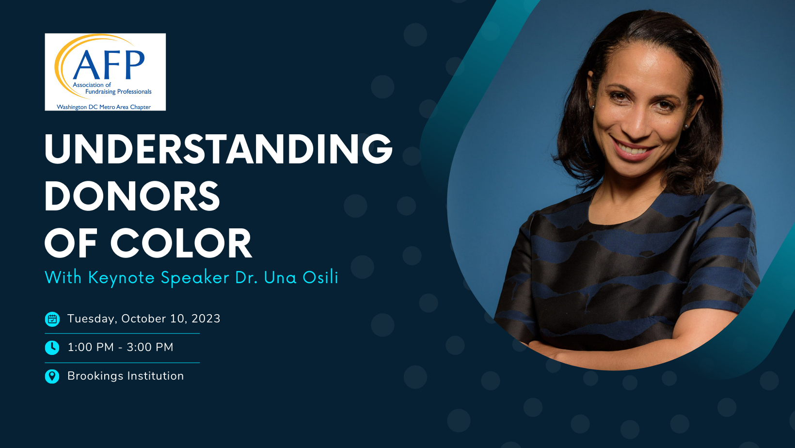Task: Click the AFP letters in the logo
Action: click(109, 65)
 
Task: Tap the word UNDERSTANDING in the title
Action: click(219, 149)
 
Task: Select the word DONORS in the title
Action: click(132, 196)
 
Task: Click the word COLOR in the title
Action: click(181, 243)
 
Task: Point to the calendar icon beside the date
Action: click(52, 319)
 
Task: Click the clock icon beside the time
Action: click(52, 348)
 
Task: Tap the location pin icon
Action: click(52, 376)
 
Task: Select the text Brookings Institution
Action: click(126, 376)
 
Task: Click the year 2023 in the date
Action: click(206, 319)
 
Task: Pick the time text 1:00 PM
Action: click(91, 347)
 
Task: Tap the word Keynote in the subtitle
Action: click(121, 278)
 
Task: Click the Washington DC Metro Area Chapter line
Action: click(104, 107)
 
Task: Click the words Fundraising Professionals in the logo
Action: click(118, 92)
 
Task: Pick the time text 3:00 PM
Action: click(150, 347)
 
